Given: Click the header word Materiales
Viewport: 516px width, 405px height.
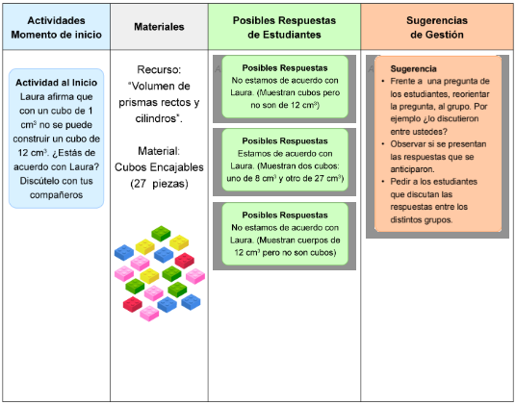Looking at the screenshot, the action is coord(159,27).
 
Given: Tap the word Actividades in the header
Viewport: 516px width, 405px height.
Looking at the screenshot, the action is coord(56,20).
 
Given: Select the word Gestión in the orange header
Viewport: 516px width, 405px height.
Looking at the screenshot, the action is coord(437,35).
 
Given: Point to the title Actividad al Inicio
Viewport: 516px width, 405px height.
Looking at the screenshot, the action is coord(56,82).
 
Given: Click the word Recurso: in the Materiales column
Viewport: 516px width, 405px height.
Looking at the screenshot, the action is coord(159,69).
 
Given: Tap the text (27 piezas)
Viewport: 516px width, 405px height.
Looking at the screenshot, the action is coord(159,184).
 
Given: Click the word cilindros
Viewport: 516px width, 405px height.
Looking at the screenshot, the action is coord(157,118).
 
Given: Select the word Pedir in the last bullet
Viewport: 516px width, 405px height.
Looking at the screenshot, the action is coord(399,182).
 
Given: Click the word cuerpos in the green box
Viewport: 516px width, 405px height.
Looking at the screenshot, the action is coord(313,240).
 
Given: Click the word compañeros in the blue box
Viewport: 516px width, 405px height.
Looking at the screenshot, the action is coord(56,195).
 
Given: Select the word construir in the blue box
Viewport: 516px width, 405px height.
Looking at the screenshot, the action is coord(33,139).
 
